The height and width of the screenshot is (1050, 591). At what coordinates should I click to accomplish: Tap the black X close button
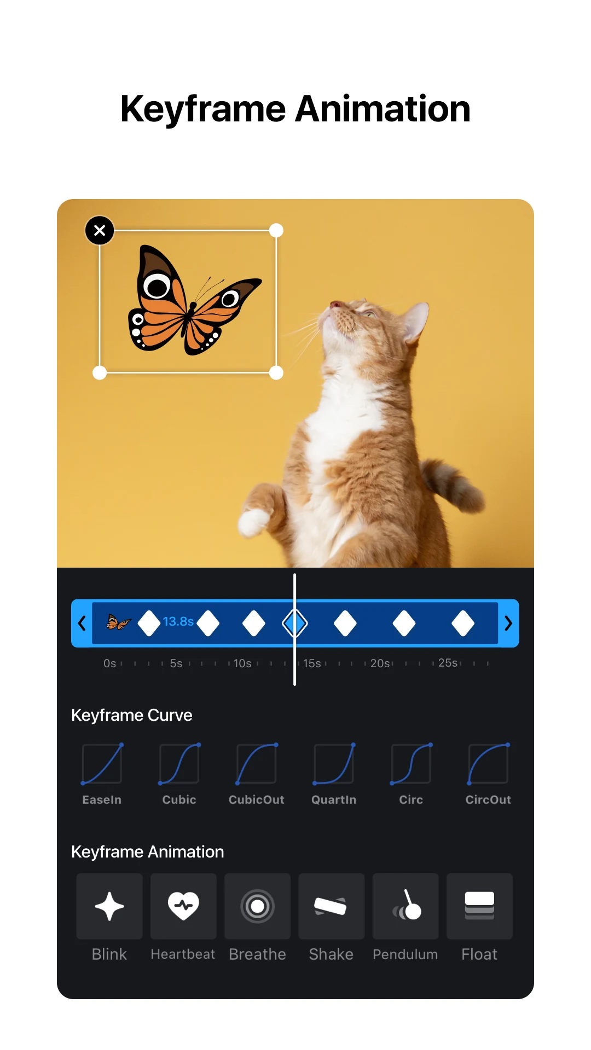tap(100, 230)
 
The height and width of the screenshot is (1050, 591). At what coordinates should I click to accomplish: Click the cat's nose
tap(335, 304)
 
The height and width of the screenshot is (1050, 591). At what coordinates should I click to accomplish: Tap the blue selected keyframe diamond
tap(295, 623)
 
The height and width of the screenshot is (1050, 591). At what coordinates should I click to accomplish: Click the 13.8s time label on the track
tap(178, 622)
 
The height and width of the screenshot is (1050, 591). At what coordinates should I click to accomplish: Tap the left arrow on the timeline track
tap(82, 623)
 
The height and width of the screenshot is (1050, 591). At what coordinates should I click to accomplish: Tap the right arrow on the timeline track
tap(508, 623)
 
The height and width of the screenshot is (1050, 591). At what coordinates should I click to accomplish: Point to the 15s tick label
tap(312, 663)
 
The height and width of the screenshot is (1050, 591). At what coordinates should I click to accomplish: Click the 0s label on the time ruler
tap(109, 663)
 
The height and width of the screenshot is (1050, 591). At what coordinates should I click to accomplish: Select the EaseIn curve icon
tap(102, 764)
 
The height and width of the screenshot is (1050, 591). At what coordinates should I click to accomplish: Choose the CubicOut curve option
tap(256, 764)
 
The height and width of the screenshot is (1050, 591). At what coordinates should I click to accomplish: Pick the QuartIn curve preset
tap(334, 764)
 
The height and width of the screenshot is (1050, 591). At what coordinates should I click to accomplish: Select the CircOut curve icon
tap(488, 764)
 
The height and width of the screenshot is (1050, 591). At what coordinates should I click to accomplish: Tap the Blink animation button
tap(109, 906)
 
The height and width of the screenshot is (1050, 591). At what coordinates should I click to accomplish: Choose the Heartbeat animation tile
tap(183, 906)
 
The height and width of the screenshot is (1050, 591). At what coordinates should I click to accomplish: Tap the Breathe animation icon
tap(257, 906)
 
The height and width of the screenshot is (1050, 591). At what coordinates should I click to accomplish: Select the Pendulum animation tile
tap(405, 906)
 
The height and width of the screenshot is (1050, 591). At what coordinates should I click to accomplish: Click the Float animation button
tap(479, 906)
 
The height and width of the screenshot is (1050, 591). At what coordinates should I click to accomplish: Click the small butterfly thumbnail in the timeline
tap(119, 622)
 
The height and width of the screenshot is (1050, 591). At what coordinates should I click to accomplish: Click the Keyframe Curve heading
tap(132, 715)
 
